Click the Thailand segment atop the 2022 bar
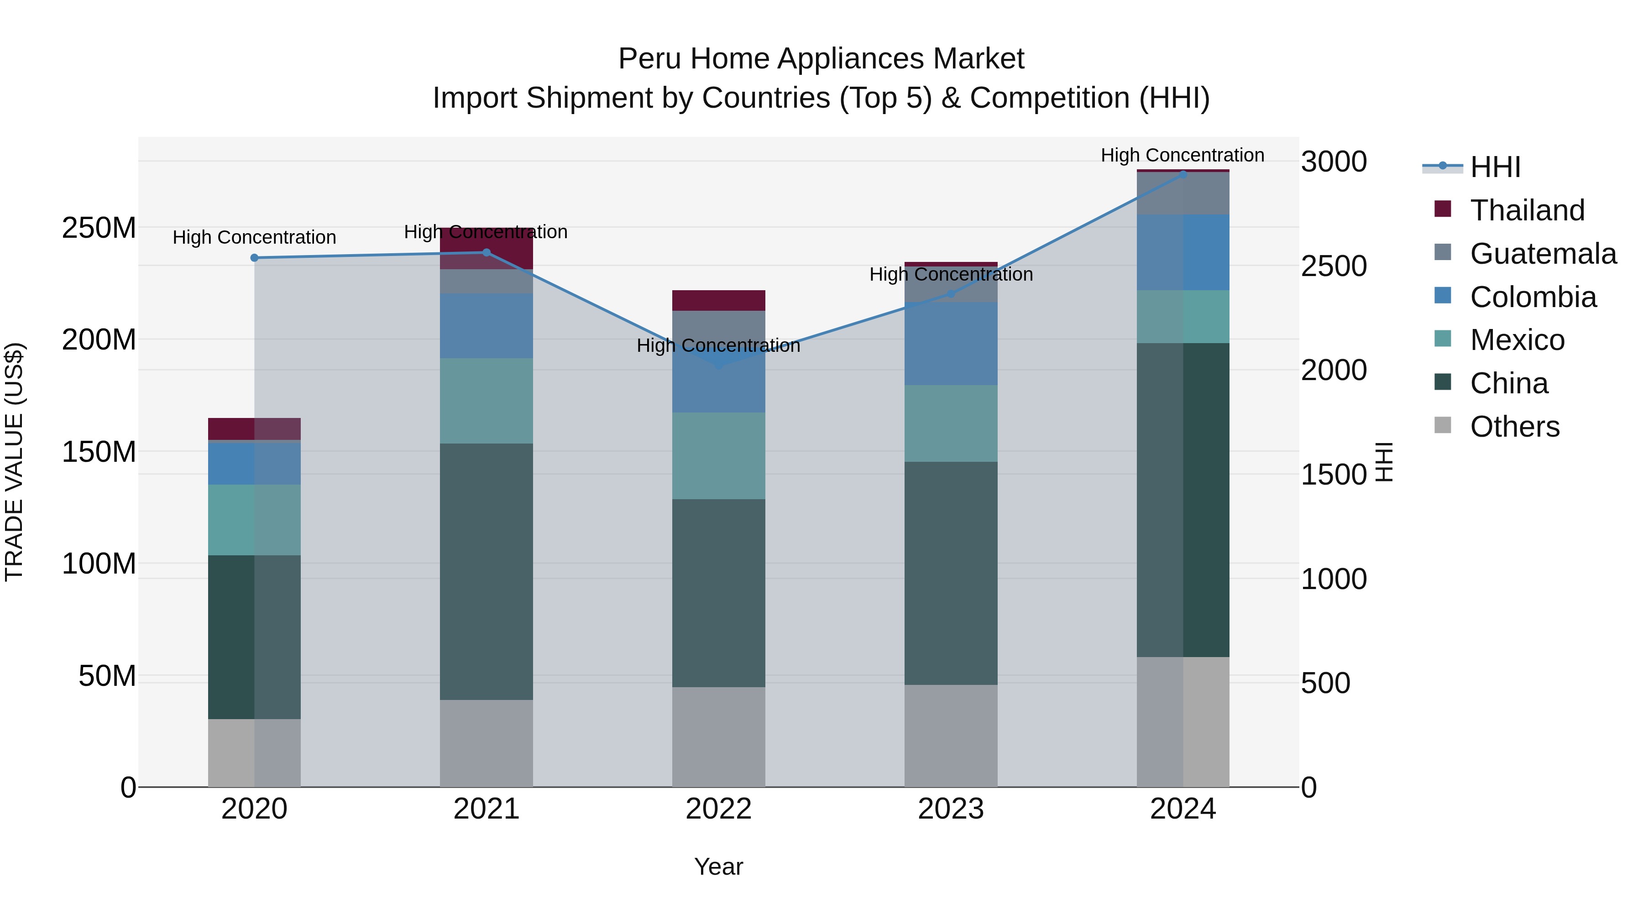[x=718, y=300]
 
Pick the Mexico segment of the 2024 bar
[x=1183, y=317]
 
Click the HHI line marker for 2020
[x=255, y=258]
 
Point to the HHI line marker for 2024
[x=1183, y=174]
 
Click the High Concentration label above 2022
[x=718, y=345]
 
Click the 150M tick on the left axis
[x=99, y=452]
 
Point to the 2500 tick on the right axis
[x=1333, y=266]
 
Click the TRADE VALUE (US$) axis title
[x=14, y=462]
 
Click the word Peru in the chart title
[x=650, y=59]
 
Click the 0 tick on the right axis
[x=1309, y=788]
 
